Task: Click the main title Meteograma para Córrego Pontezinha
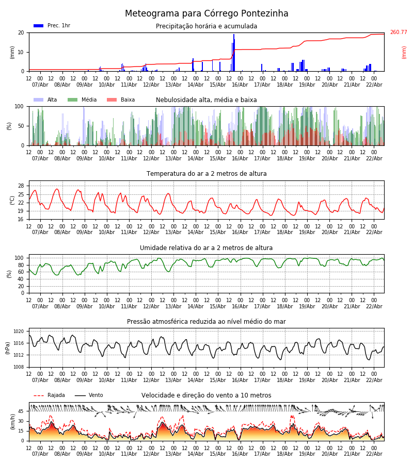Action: coord(206,14)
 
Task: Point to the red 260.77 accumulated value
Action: coord(398,32)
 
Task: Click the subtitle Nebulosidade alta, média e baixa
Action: coord(206,100)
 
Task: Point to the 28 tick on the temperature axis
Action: coord(21,186)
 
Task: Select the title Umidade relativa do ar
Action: coord(206,248)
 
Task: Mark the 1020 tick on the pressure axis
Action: coord(19,332)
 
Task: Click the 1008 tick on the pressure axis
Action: coord(19,367)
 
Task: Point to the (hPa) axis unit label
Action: coord(8,347)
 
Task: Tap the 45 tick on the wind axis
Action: coord(21,411)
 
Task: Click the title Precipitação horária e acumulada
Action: coord(206,26)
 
